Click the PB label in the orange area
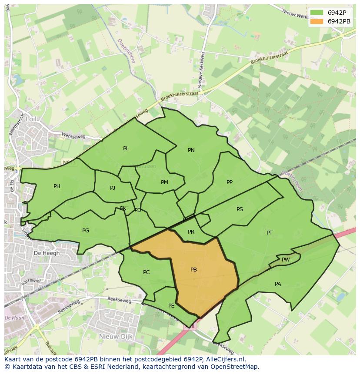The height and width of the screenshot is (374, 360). [193, 270]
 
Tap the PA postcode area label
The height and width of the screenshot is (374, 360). [278, 284]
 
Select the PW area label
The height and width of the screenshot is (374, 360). [286, 260]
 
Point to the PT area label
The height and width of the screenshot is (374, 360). [270, 233]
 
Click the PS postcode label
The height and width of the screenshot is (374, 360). [240, 209]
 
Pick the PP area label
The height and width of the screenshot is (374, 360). [230, 182]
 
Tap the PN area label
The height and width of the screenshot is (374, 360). [191, 150]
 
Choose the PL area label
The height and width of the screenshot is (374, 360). [126, 149]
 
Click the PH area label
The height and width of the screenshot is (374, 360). [57, 186]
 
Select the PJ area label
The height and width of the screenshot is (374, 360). [113, 188]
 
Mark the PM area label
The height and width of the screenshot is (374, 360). [164, 182]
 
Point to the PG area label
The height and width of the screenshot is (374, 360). [86, 231]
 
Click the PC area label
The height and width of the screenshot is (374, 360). [146, 272]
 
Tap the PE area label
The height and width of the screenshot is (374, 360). [171, 306]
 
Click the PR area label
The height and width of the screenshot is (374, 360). [191, 232]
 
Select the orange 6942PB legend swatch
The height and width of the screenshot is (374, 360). [317, 21]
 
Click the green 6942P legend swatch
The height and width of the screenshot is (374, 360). [317, 13]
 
